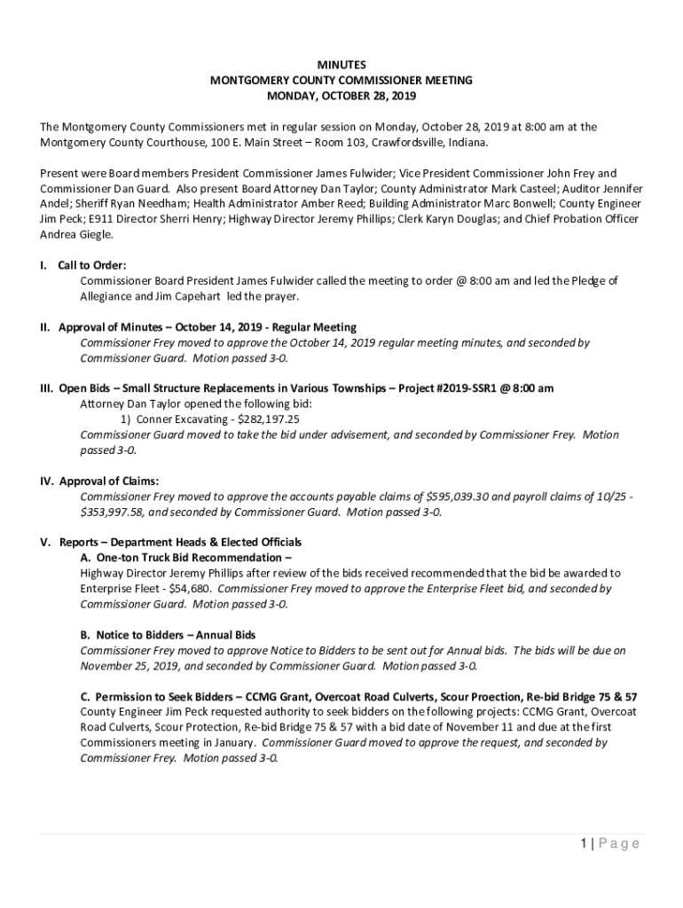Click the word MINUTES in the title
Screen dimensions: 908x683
341,65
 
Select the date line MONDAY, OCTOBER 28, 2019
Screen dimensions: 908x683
341,96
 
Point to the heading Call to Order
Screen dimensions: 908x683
92,265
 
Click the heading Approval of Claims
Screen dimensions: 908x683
109,481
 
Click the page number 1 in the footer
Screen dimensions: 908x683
584,843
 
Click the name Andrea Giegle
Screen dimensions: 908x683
76,235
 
